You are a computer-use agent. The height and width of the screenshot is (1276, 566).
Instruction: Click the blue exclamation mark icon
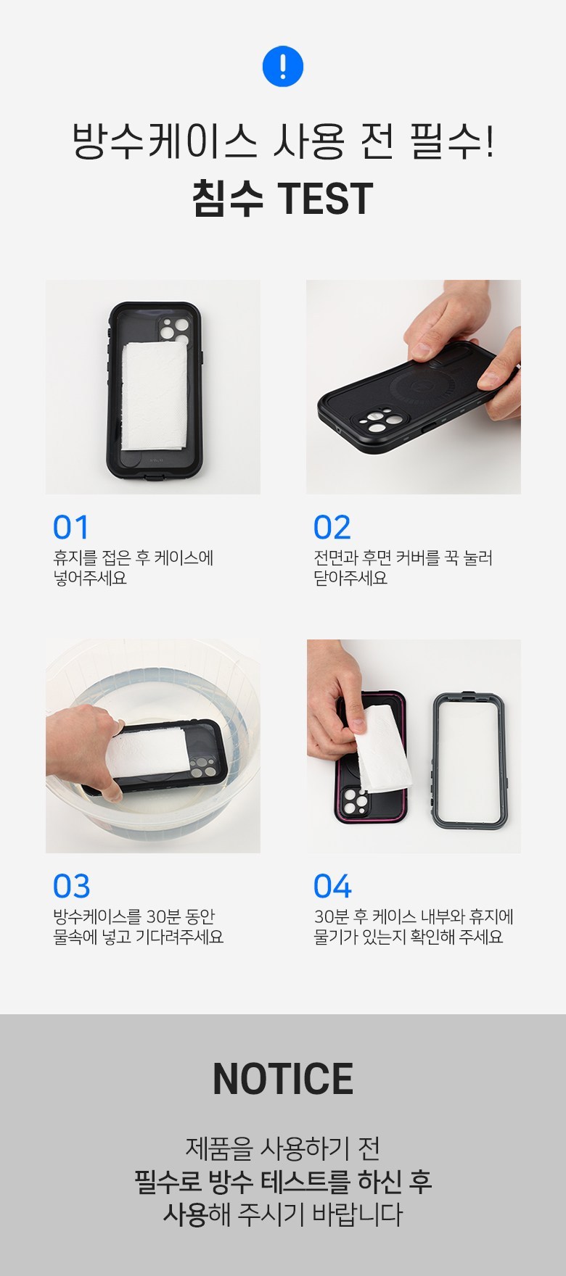coord(282,67)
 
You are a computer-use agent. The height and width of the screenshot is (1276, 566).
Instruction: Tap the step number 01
coord(70,528)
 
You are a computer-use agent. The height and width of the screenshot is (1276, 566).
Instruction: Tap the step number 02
coord(332,528)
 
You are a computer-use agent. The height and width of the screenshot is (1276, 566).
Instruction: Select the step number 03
coord(71,886)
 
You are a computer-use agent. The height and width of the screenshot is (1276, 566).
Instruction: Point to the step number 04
coord(332,886)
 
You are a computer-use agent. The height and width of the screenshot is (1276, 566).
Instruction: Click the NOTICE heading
coord(283,1079)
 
